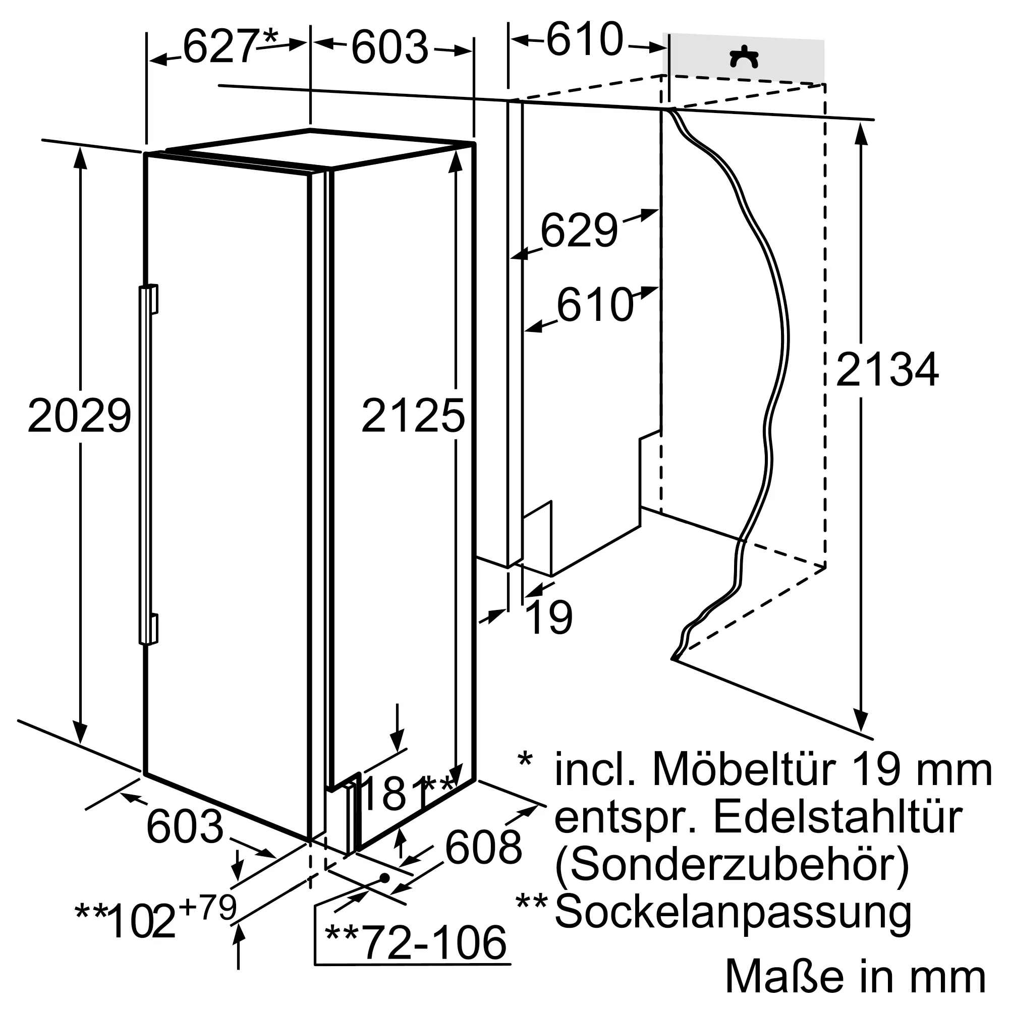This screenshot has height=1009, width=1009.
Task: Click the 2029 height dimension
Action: (x=79, y=415)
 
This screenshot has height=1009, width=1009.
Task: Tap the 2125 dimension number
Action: (x=413, y=415)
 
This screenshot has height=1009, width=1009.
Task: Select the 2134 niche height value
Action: (x=887, y=369)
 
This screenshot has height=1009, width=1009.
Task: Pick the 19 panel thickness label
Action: (x=549, y=618)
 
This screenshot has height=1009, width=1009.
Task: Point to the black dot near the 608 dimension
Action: (x=385, y=878)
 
